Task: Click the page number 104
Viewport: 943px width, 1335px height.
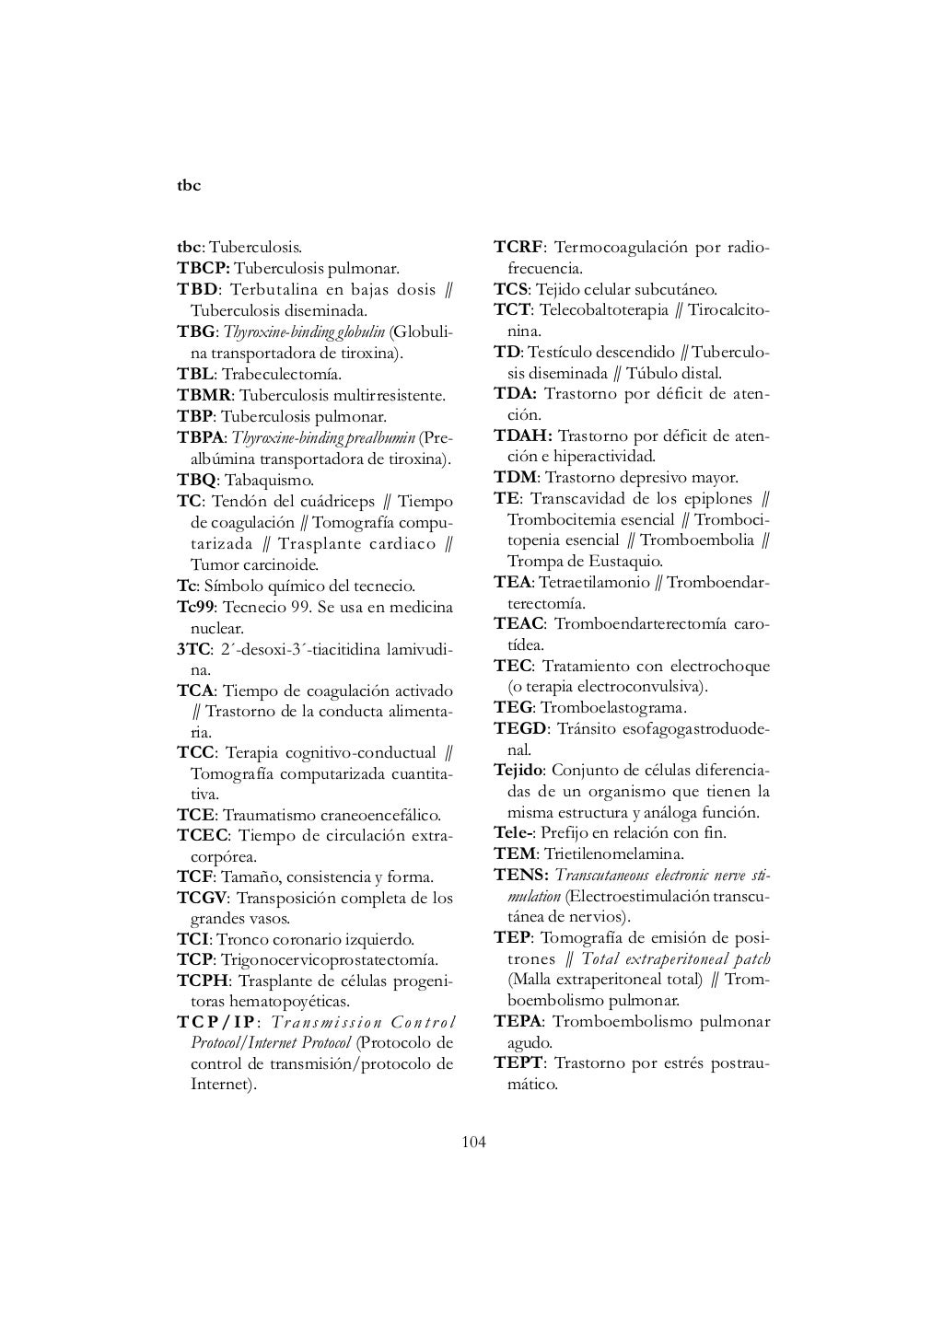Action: coord(473,1143)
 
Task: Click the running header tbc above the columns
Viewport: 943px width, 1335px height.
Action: coord(188,186)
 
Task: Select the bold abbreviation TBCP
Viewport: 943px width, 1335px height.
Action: coord(203,269)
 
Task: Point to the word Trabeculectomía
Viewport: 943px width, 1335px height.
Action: coord(282,375)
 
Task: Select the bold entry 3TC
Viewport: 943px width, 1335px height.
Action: coord(192,650)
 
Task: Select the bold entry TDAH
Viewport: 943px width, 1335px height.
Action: coord(522,435)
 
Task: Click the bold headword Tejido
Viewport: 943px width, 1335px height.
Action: coord(518,770)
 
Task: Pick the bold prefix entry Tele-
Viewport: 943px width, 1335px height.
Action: coord(513,833)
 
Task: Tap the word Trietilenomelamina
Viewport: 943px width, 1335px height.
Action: coord(613,854)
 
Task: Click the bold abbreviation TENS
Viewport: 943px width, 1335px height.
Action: coord(521,875)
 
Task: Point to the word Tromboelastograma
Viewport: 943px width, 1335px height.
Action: coord(613,708)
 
